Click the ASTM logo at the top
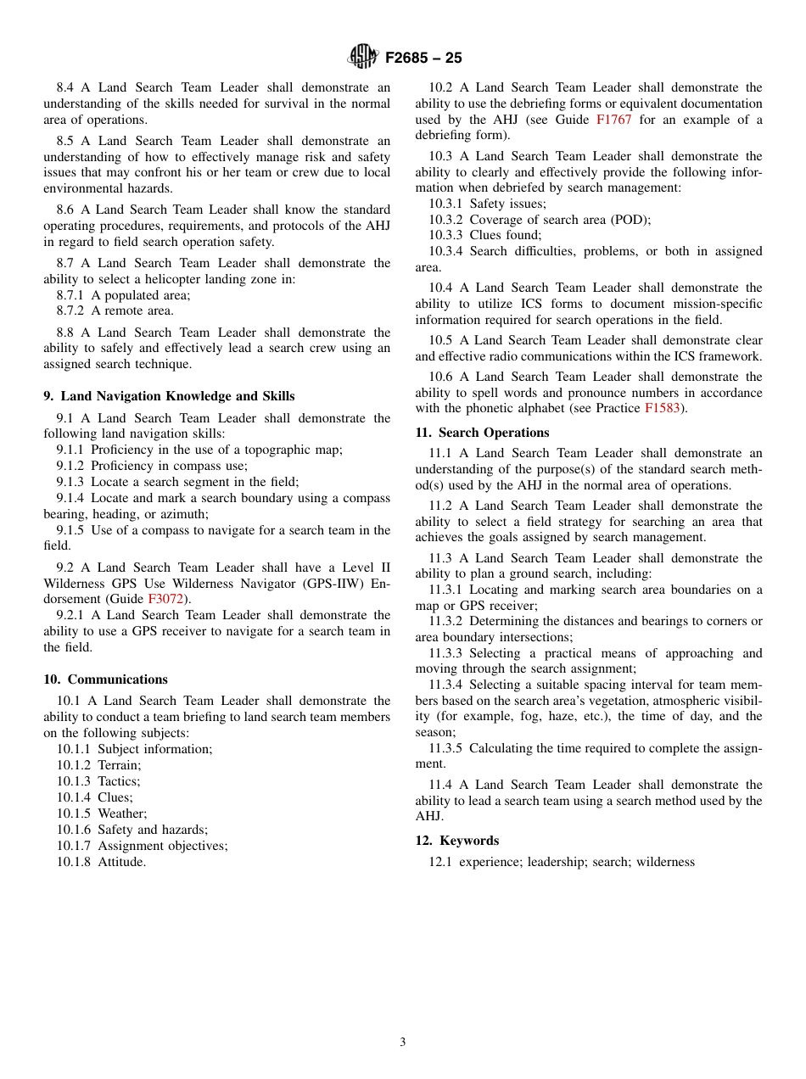(364, 58)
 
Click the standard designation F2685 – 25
(423, 59)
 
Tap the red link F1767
(613, 120)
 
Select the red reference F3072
(165, 599)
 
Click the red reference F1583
(662, 408)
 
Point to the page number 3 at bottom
(403, 1043)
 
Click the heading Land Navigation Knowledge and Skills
(177, 396)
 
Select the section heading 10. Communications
(106, 679)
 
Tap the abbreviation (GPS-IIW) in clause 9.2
(322, 583)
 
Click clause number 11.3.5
(445, 748)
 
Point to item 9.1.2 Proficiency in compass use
(152, 466)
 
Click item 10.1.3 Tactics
(99, 781)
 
